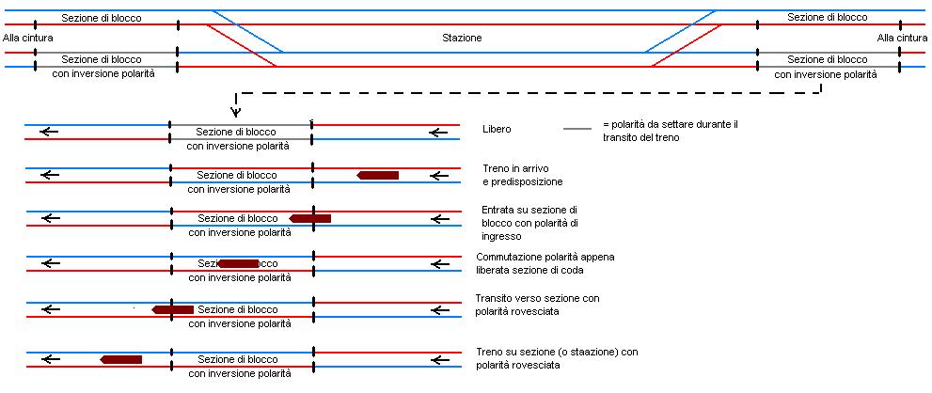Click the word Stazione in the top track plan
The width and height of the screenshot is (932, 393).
click(462, 39)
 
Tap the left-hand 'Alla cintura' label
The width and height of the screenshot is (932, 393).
click(28, 39)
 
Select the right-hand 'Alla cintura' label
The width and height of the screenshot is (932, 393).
click(902, 39)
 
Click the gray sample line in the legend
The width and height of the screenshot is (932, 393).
click(577, 129)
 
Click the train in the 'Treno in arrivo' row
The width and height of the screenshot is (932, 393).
click(378, 175)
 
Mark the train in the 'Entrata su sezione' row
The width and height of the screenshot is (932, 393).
click(309, 218)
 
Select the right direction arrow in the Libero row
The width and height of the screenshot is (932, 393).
click(438, 133)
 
